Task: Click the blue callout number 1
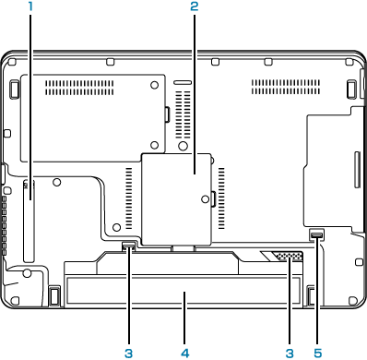pyautogui.click(x=30, y=6)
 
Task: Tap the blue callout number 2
pyautogui.click(x=195, y=6)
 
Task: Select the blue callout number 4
pyautogui.click(x=184, y=353)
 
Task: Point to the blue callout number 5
pyautogui.click(x=317, y=353)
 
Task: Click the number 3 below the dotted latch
pyautogui.click(x=290, y=353)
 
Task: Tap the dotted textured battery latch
pyautogui.click(x=288, y=256)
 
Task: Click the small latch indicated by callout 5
pyautogui.click(x=316, y=234)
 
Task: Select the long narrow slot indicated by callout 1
pyautogui.click(x=29, y=222)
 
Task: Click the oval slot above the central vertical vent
pyautogui.click(x=183, y=83)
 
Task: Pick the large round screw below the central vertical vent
pyautogui.click(x=183, y=145)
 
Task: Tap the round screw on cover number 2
pyautogui.click(x=205, y=199)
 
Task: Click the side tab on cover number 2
pyautogui.click(x=213, y=198)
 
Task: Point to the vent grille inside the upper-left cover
pyautogui.click(x=79, y=88)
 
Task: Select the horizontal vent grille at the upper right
pyautogui.click(x=286, y=87)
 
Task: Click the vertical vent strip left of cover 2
pyautogui.click(x=129, y=198)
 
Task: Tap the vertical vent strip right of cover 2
pyautogui.click(x=221, y=198)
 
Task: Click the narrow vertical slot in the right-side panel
pyautogui.click(x=357, y=169)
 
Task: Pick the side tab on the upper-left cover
pyautogui.click(x=168, y=114)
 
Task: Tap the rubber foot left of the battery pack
pyautogui.click(x=54, y=295)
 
